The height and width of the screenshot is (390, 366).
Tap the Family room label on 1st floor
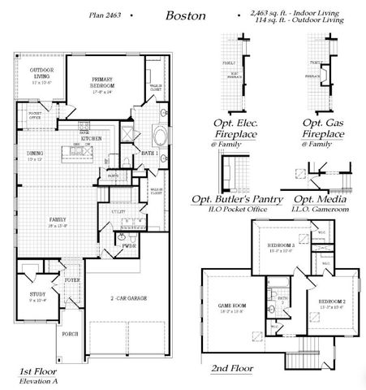pos(57,221)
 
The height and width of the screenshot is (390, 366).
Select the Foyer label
pos(73,280)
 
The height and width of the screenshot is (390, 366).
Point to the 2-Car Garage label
pos(130,299)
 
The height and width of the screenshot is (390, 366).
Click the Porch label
pos(71,332)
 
